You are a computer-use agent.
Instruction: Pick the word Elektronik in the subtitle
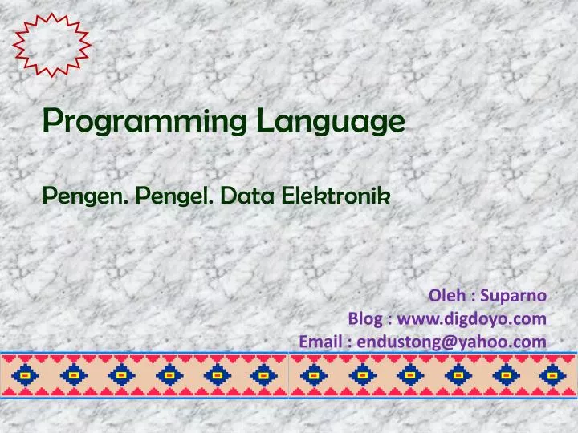click(336, 194)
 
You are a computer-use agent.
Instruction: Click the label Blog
click(364, 318)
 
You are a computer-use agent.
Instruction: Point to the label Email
click(319, 342)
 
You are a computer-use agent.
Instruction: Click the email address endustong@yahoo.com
click(452, 342)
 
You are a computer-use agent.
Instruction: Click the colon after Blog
click(389, 319)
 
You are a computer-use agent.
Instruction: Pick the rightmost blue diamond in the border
click(552, 374)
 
